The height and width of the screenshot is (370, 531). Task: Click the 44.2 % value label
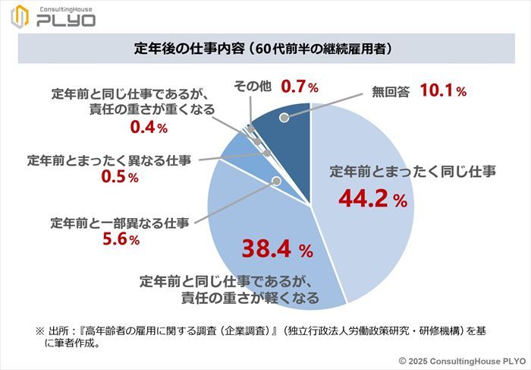pos(372,201)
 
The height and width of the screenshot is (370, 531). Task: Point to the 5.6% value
pos(120,240)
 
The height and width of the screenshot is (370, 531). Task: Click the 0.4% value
pos(148,128)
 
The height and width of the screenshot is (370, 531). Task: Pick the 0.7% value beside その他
pos(299,87)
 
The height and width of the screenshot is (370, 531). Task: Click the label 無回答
pos(391,92)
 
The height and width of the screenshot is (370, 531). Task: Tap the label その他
pos(253,87)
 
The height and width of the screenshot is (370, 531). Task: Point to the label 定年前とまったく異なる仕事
pos(108,160)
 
